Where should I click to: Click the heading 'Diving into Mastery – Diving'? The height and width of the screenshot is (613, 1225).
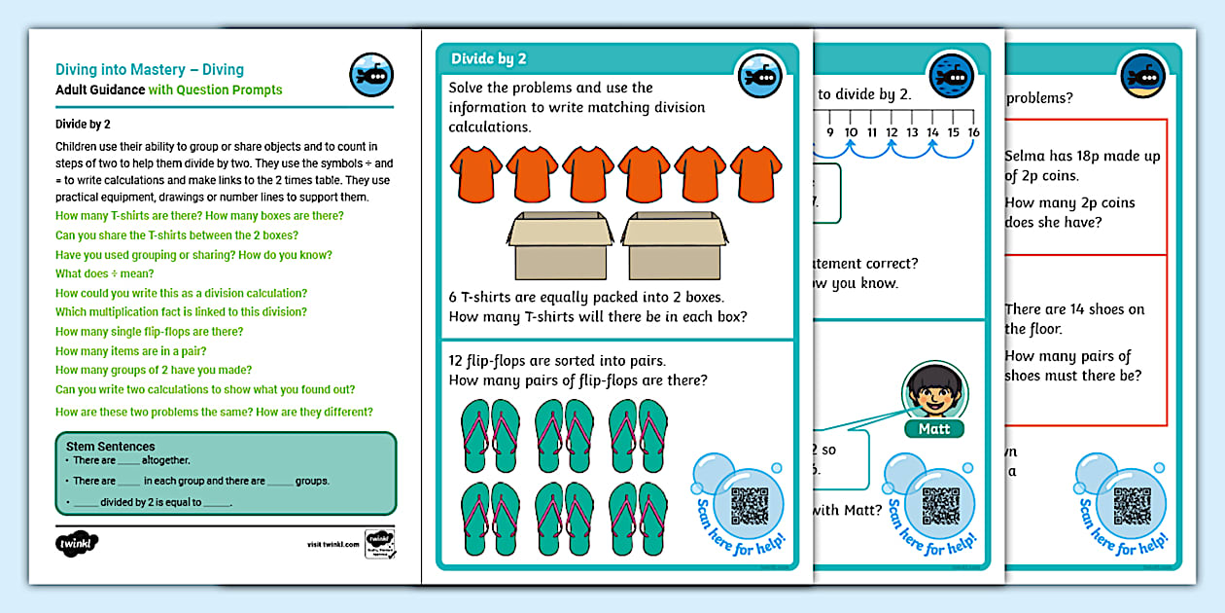150,70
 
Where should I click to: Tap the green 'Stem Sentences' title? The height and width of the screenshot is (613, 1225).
110,447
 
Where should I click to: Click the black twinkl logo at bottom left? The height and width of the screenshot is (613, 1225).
78,542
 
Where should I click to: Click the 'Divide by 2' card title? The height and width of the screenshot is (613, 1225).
489,59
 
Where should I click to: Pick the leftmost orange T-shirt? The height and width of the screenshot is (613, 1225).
475,173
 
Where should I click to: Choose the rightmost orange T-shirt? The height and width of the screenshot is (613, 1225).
756,173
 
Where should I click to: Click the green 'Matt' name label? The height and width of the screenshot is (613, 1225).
934,429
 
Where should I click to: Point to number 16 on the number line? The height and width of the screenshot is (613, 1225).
972,132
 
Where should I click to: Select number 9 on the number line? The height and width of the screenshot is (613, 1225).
829,132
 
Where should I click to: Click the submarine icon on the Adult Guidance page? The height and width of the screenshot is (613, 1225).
370,76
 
